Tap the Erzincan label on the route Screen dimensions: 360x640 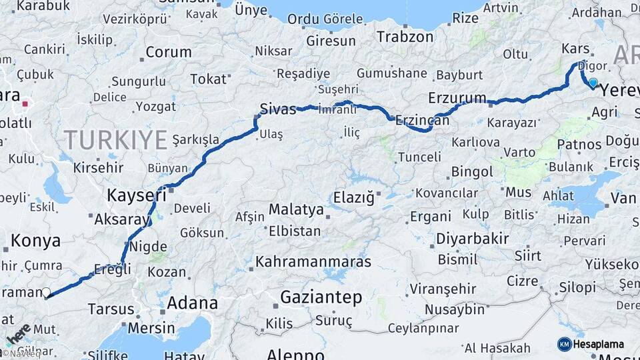point(422,121)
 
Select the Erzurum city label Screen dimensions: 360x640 point(457,98)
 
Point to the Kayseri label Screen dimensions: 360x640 point(137,195)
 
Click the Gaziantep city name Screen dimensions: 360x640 point(321,297)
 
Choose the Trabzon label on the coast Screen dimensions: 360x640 point(405,37)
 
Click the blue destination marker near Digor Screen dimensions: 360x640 point(593,83)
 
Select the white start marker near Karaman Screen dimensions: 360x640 point(46,292)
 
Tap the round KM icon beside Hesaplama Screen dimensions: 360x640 point(564,344)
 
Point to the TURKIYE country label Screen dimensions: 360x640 point(115,139)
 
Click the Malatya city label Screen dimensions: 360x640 point(296,209)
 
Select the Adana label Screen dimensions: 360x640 point(192,303)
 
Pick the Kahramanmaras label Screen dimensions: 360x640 point(313,261)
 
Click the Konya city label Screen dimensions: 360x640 point(36,241)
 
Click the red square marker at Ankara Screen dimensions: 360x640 point(25,103)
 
